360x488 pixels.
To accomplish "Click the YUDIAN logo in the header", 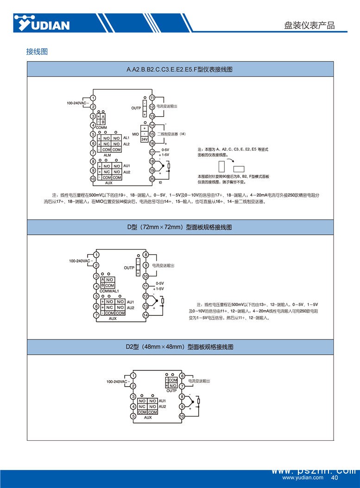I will click(42, 23).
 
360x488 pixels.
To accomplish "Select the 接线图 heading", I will click(37, 51).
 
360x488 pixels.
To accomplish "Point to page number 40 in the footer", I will click(335, 477).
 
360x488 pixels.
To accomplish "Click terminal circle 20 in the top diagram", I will click(152, 179).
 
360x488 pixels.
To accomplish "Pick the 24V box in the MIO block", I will click(145, 139).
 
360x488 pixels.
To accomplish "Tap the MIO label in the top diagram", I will click(135, 134).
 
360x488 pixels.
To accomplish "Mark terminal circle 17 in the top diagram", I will click(152, 152).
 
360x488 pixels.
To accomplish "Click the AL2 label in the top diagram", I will click(126, 144).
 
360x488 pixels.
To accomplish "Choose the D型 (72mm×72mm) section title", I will click(180, 227).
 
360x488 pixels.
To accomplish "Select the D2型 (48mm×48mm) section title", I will click(180, 346).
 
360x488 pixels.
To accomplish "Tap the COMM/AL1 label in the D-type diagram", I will click(109, 291).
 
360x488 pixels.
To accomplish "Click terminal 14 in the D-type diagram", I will click(145, 315).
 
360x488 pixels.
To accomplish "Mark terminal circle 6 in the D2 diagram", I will click(182, 376).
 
